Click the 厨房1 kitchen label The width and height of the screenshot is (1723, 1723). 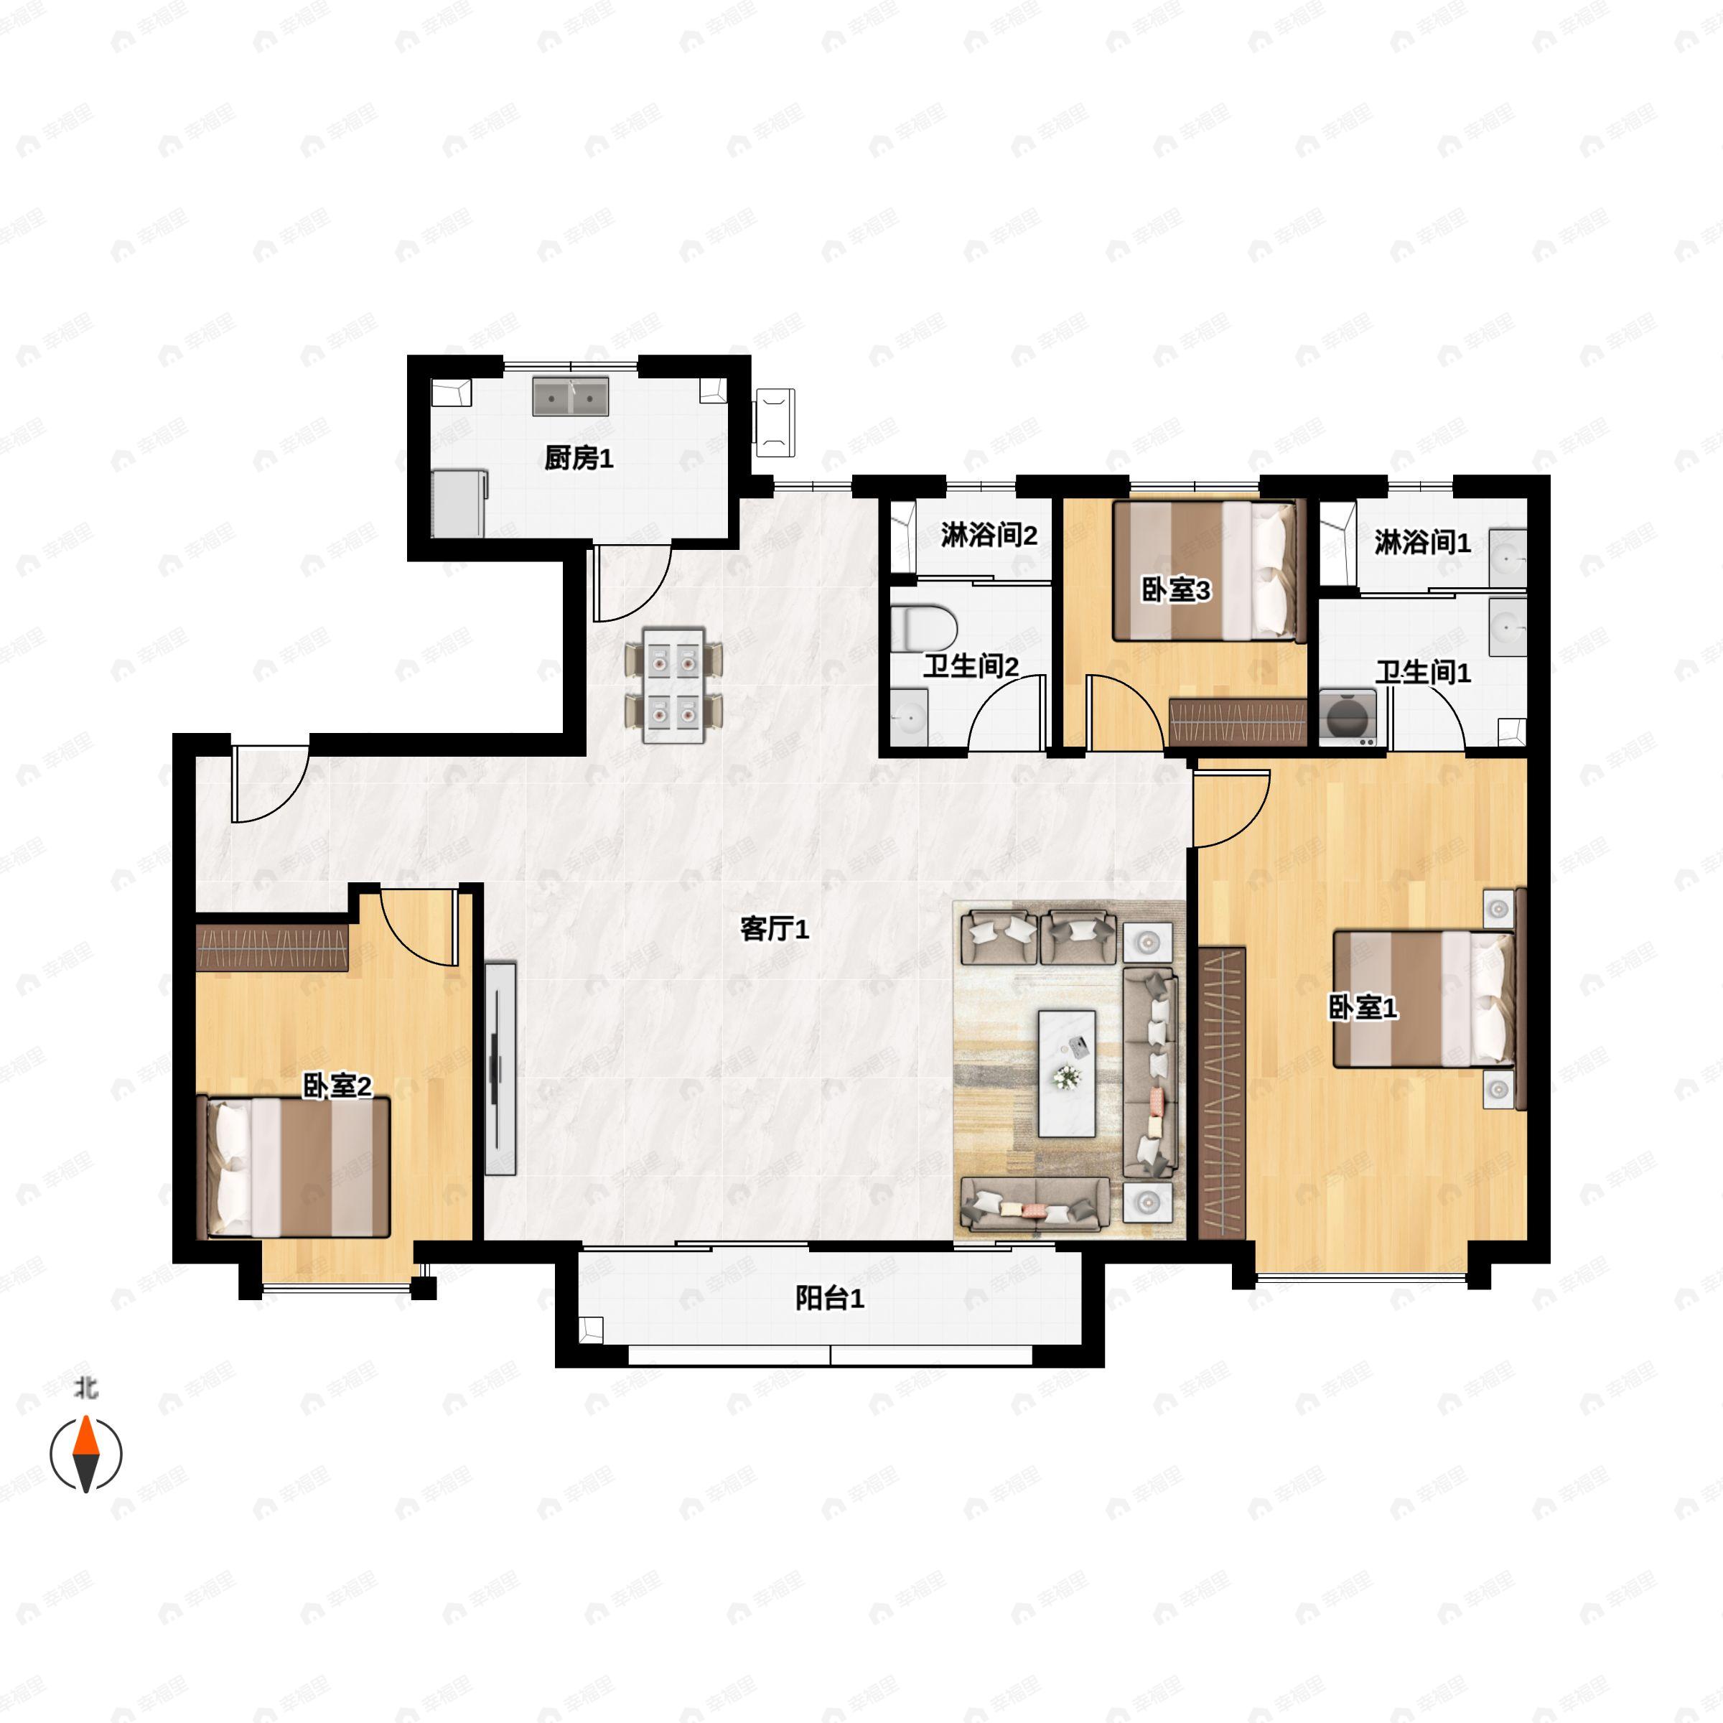click(579, 459)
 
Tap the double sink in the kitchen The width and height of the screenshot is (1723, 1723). click(571, 396)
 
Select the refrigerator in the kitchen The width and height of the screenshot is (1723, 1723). click(459, 504)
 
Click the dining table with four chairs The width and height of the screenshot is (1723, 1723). click(674, 685)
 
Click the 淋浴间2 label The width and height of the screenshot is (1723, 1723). click(989, 535)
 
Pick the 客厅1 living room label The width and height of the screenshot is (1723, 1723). click(774, 929)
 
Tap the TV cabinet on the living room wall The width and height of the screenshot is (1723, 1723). click(500, 1068)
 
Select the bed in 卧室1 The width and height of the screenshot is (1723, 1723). click(1424, 999)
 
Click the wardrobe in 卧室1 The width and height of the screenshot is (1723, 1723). click(1222, 1093)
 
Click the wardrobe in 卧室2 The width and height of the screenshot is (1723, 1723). click(272, 947)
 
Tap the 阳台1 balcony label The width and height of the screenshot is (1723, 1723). click(829, 1299)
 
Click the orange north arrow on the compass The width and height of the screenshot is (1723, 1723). click(85, 1435)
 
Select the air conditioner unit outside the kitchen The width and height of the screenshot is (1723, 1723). click(774, 423)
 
